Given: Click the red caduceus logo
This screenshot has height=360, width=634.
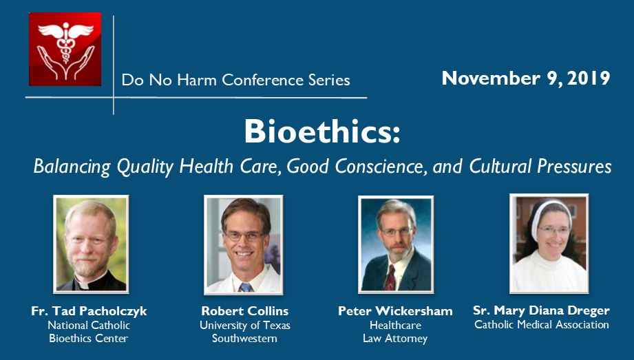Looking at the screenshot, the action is click(65, 50).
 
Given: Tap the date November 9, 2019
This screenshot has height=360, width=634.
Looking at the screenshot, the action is click(526, 78).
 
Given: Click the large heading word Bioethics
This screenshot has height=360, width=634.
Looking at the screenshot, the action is click(322, 131).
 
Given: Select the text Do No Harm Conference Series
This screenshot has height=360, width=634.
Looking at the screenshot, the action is click(235, 80).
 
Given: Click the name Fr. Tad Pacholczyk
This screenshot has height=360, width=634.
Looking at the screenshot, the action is click(89, 311).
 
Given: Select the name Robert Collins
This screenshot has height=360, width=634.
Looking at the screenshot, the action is click(245, 311).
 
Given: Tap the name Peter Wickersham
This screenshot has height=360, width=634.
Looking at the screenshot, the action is click(395, 311).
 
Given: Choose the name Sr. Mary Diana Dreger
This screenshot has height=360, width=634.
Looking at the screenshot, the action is click(541, 310).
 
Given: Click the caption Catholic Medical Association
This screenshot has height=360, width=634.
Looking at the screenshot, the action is click(541, 324).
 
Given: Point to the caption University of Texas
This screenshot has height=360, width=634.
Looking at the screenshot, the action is click(245, 325).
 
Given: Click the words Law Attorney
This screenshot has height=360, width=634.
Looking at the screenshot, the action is click(395, 339).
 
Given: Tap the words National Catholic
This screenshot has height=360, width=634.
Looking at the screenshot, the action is click(89, 325).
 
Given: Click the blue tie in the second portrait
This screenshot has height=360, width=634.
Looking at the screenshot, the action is click(245, 287).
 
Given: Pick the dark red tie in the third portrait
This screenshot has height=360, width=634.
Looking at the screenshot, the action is click(390, 277).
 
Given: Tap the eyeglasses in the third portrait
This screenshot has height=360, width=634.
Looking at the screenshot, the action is click(397, 232).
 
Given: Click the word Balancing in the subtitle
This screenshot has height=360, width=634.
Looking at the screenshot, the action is click(72, 167).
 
